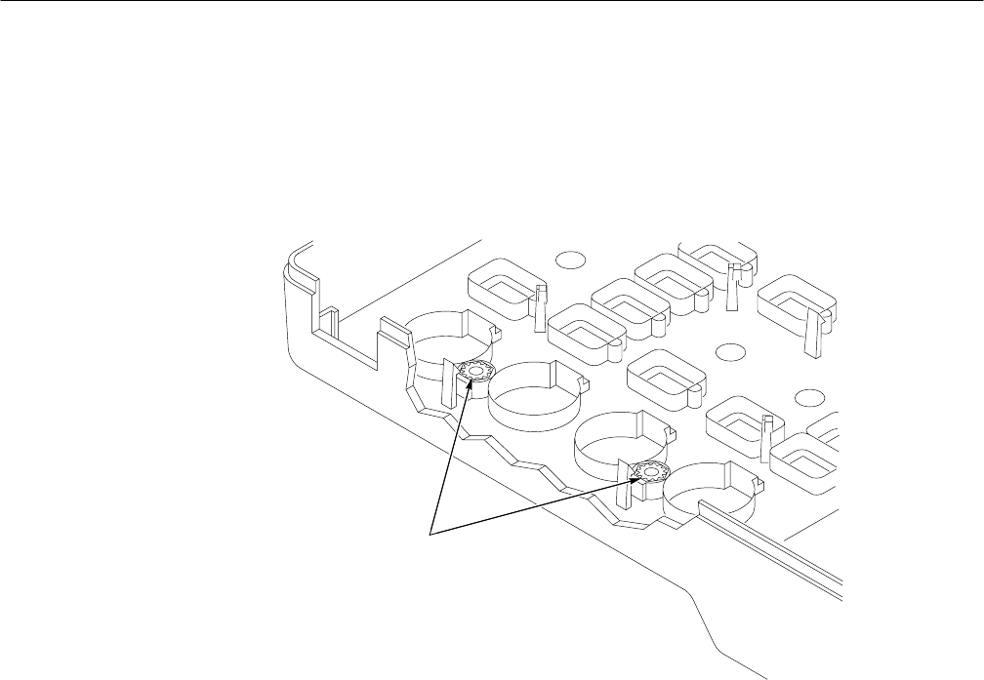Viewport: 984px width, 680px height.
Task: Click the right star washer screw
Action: tap(647, 474)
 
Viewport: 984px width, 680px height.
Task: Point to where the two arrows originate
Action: tap(430, 533)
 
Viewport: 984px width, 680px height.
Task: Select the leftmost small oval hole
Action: tap(571, 260)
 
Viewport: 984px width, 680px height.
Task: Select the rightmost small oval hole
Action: tap(807, 396)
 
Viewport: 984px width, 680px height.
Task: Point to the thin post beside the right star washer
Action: tap(622, 488)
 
